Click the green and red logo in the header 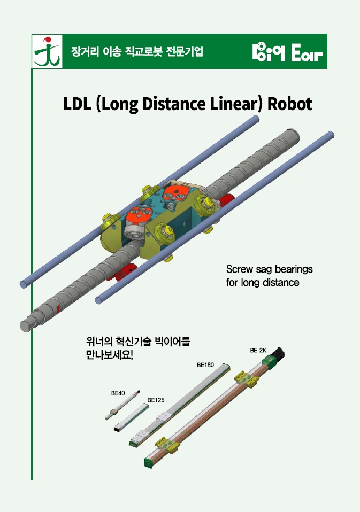tap(47, 52)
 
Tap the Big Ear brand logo tap(287, 52)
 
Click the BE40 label tap(118, 393)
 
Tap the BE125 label tap(155, 399)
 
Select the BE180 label tap(205, 365)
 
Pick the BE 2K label tap(258, 351)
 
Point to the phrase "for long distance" tap(263, 282)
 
